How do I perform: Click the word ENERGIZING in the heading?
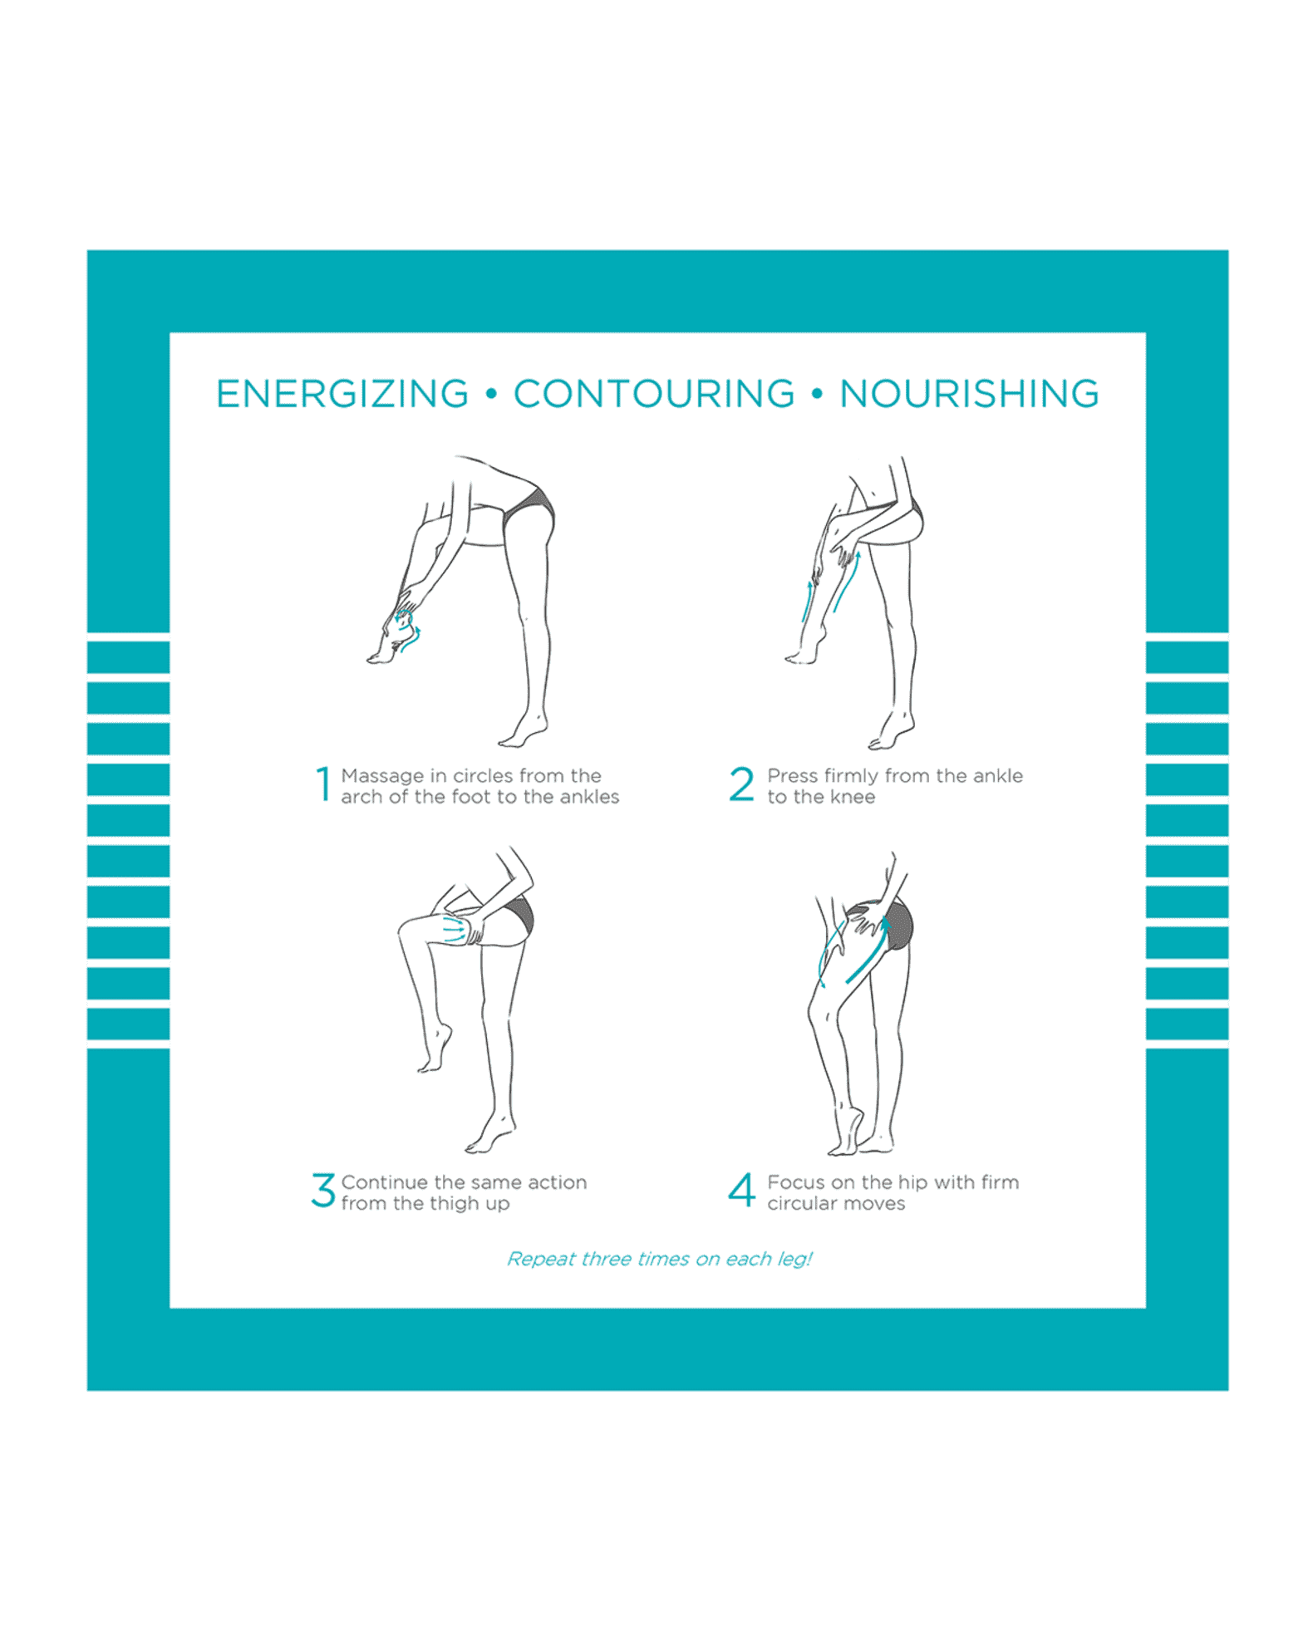pos(342,394)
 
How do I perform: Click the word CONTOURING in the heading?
pos(654,394)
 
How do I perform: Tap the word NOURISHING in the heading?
pos(969,394)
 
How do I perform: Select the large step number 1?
pos(323,784)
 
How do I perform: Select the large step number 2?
pos(741,784)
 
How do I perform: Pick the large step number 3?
pos(323,1191)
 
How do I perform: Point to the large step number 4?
pos(741,1191)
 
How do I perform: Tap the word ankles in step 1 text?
pos(589,797)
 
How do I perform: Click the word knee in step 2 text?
pos(853,797)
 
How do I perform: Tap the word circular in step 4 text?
pos(802,1204)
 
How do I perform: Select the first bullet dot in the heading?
pos(491,394)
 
